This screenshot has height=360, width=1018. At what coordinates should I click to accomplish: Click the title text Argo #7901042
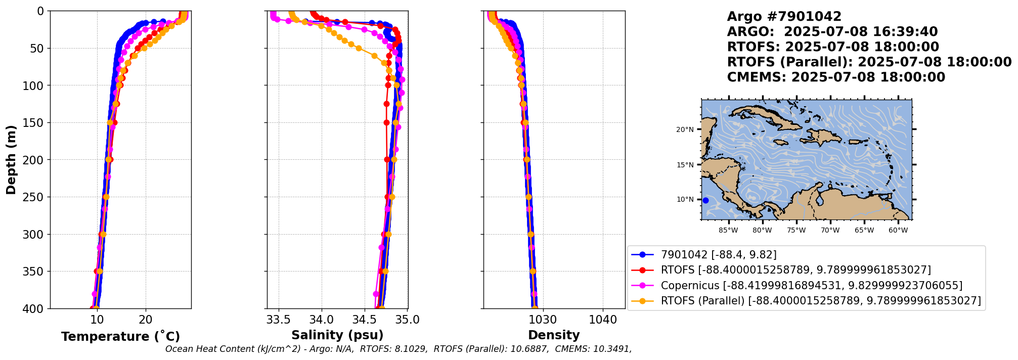click(x=784, y=17)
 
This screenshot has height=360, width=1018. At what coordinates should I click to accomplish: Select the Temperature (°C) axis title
click(x=120, y=337)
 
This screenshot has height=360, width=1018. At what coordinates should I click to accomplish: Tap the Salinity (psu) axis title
click(x=337, y=335)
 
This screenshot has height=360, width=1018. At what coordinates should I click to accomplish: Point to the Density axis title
click(x=554, y=335)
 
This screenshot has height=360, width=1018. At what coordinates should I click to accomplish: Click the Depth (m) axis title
click(x=11, y=159)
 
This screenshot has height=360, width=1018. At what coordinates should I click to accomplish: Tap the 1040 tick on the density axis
click(x=603, y=320)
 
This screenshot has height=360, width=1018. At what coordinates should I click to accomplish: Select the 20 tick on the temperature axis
click(x=146, y=320)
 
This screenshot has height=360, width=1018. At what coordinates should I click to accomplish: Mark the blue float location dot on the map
click(x=705, y=200)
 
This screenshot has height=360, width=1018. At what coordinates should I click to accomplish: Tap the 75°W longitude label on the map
click(x=796, y=231)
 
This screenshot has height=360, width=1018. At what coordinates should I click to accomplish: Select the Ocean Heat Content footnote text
click(x=398, y=349)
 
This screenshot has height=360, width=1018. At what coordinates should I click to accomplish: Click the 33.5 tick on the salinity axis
click(x=278, y=320)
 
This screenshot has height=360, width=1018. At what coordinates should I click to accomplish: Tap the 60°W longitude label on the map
click(x=898, y=231)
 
